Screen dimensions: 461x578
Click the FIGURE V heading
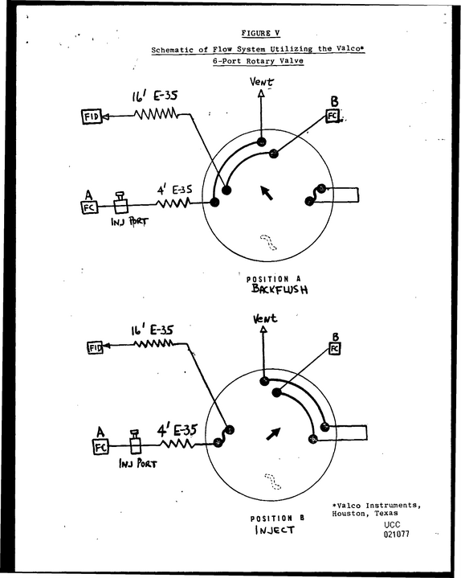[261, 33]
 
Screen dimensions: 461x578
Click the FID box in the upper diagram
[91, 117]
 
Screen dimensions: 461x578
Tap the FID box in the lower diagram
[95, 347]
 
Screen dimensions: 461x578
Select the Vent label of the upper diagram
[262, 81]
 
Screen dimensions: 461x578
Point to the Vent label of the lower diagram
[265, 318]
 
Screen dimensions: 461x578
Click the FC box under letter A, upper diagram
[89, 207]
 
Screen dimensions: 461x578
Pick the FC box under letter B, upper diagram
[332, 116]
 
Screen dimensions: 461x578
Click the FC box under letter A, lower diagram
[100, 447]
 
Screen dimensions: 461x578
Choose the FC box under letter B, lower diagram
[334, 348]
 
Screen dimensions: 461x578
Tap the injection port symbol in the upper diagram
[120, 203]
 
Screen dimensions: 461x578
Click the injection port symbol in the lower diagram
[135, 441]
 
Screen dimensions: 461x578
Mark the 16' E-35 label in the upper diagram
[155, 96]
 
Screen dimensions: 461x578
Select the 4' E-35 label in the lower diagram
[177, 430]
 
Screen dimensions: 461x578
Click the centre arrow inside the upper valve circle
[267, 193]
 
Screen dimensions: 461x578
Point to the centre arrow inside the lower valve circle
[273, 434]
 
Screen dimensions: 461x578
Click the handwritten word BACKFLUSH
[279, 289]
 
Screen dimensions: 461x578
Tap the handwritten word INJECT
[275, 530]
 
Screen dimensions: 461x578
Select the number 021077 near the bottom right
[396, 534]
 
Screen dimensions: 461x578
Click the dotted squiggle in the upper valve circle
[268, 242]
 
